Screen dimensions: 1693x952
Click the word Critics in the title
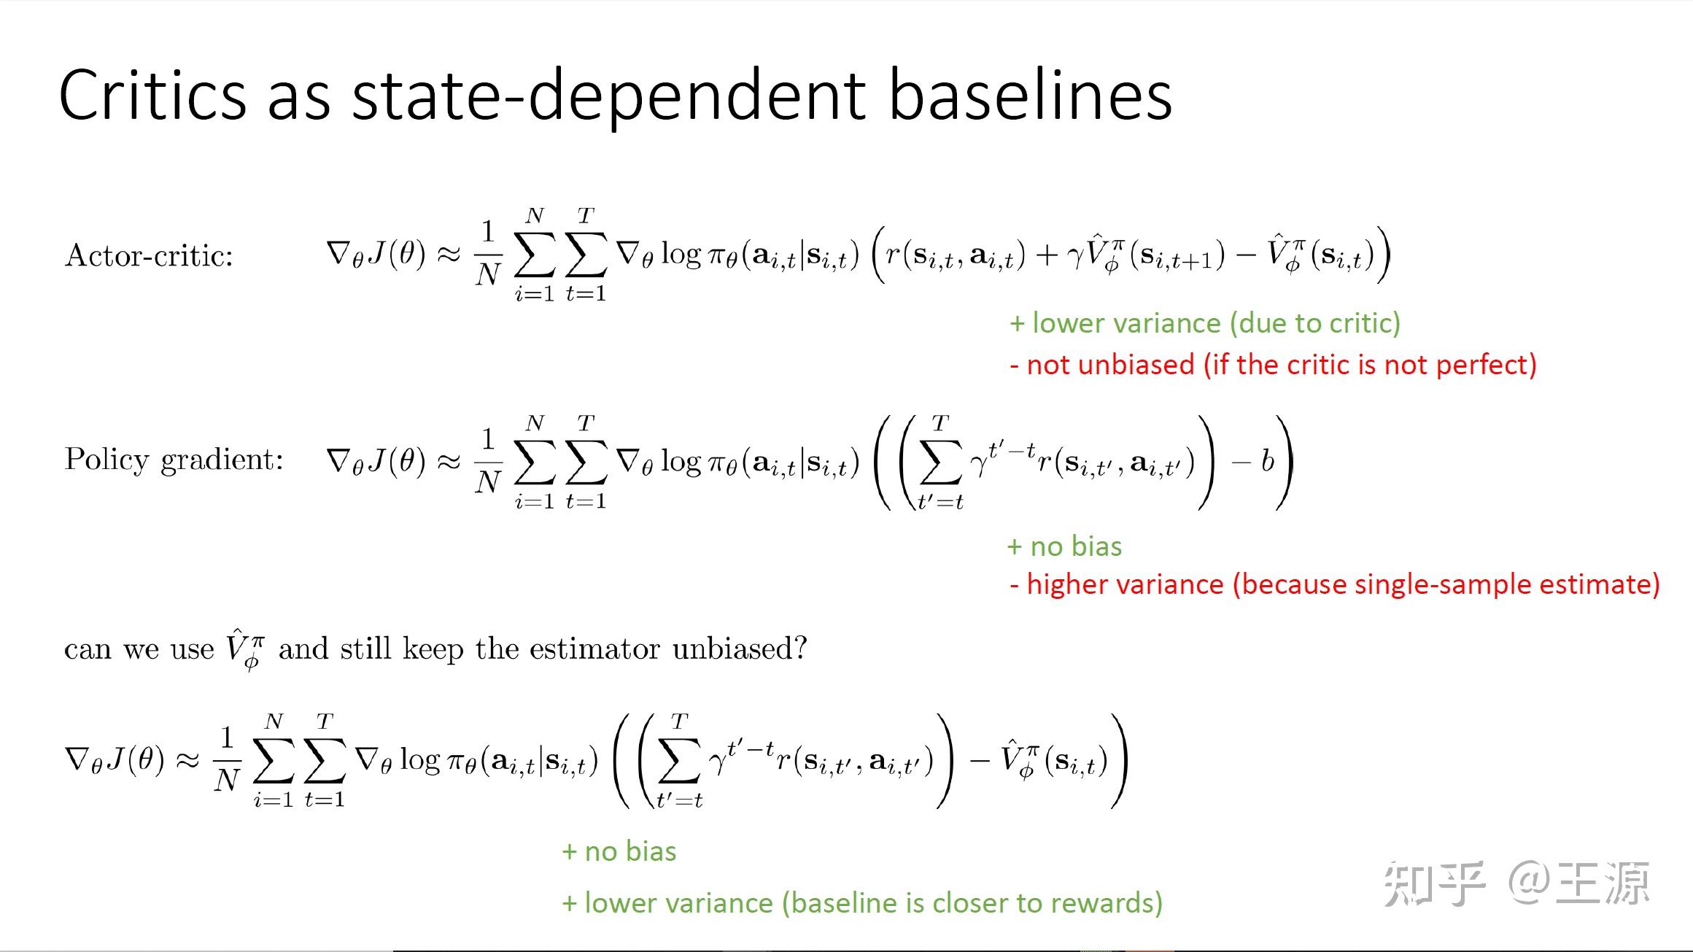pos(153,96)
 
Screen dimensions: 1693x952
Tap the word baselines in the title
pos(1030,96)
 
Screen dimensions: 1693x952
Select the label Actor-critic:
pos(149,256)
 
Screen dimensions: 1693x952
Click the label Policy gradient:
pos(174,460)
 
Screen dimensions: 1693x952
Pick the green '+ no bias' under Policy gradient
pos(1064,546)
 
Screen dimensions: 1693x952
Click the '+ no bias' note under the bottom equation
pos(619,851)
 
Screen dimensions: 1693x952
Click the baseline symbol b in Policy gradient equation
pos(1268,461)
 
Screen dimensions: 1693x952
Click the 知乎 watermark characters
pos(1433,883)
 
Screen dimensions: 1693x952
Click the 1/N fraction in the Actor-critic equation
pos(488,253)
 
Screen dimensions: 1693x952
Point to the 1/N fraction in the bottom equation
pos(227,759)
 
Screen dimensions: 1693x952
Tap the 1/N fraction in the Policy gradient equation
pos(488,460)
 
